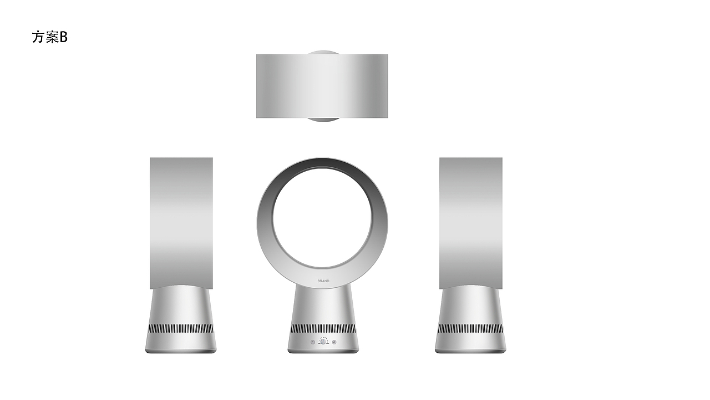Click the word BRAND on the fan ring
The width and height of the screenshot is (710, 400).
pyautogui.click(x=323, y=281)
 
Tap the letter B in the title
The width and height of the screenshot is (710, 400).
pyautogui.click(x=63, y=37)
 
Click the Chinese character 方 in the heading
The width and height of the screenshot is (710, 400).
pyautogui.click(x=38, y=37)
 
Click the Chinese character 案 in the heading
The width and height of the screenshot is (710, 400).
pyautogui.click(x=52, y=37)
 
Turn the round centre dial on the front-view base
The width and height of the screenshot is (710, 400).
pyautogui.click(x=323, y=342)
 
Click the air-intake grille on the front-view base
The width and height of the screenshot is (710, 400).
pyautogui.click(x=323, y=328)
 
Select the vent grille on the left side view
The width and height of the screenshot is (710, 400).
pyautogui.click(x=181, y=328)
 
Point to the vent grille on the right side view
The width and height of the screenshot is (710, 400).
pyautogui.click(x=470, y=328)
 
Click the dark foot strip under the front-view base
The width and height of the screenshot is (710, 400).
pyautogui.click(x=323, y=351)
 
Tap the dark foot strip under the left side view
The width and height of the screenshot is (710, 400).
pyautogui.click(x=181, y=351)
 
